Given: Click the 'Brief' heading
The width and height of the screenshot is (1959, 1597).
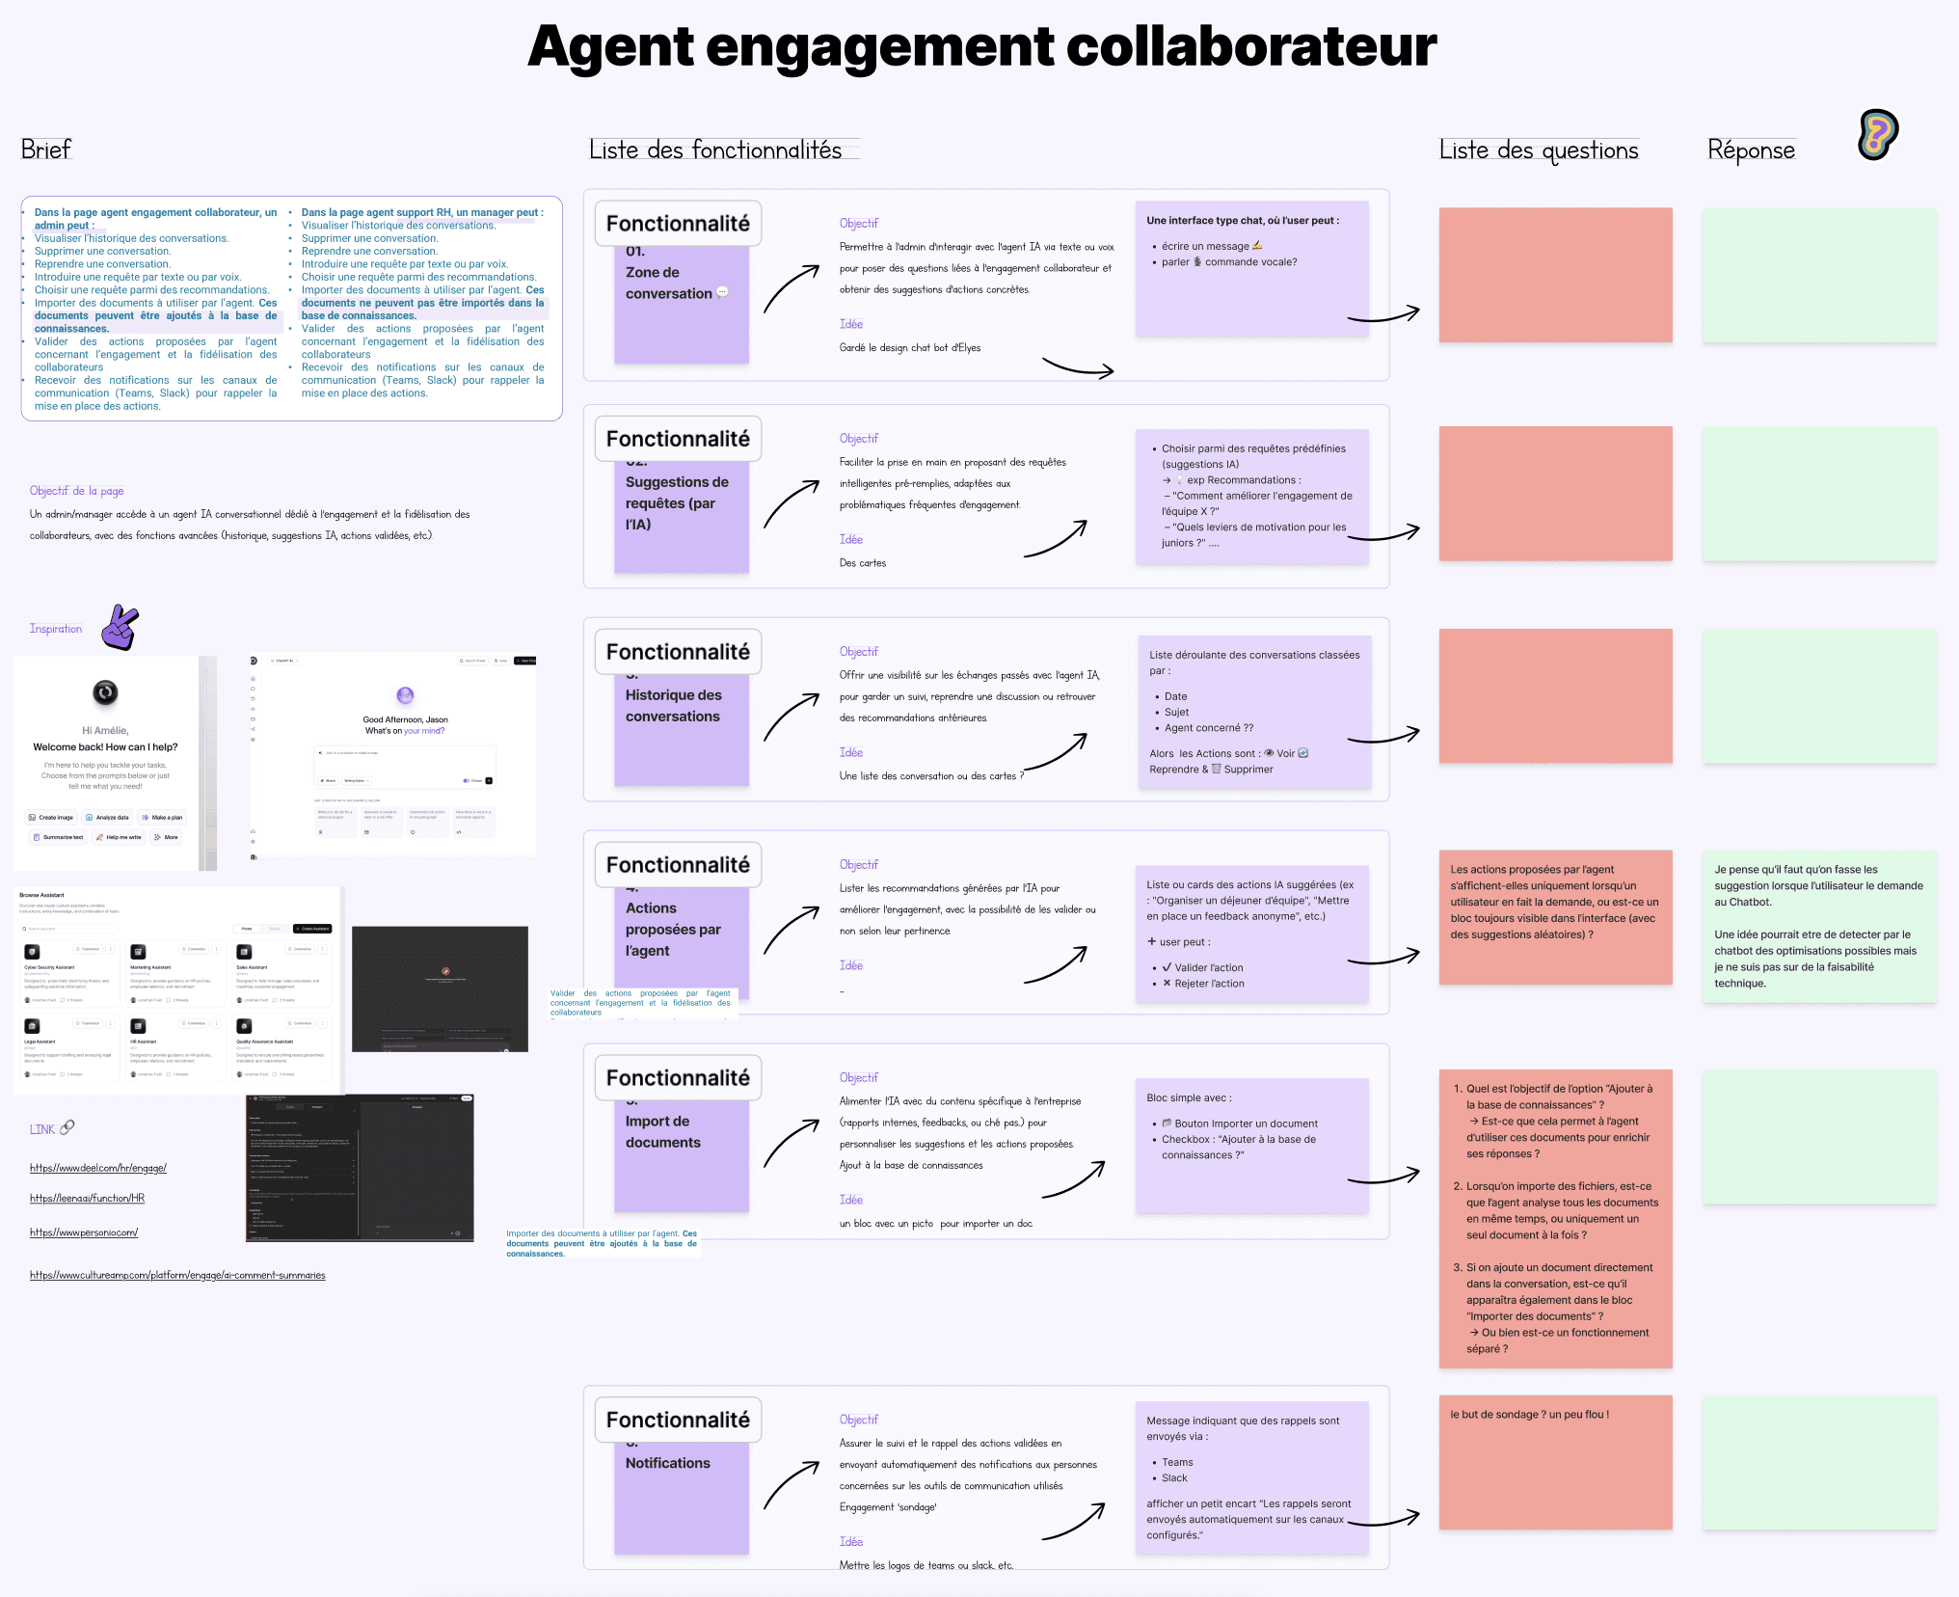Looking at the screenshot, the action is click(x=46, y=149).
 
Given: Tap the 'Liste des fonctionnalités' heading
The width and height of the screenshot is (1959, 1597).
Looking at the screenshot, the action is click(x=715, y=149).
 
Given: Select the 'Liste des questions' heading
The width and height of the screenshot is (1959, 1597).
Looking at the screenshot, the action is click(x=1539, y=150).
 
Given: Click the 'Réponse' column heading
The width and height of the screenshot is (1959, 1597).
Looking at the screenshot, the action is click(x=1751, y=150).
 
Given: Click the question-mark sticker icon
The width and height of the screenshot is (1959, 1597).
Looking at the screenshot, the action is click(x=1878, y=135).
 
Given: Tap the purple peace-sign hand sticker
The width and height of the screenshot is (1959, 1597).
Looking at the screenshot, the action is click(x=121, y=628).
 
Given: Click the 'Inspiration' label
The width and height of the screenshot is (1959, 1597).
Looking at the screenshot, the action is click(x=56, y=629).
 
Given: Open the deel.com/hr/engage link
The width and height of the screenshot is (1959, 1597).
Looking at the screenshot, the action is click(x=98, y=1168).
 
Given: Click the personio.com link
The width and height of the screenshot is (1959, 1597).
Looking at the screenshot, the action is click(x=84, y=1232).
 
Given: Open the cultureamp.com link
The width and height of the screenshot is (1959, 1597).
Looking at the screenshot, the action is click(x=177, y=1275).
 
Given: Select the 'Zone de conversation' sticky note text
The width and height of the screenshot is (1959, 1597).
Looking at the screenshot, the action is click(x=669, y=284).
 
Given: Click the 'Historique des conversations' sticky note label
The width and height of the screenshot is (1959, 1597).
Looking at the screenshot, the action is click(x=673, y=706).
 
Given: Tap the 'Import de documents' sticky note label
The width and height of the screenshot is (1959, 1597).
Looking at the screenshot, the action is click(x=663, y=1132).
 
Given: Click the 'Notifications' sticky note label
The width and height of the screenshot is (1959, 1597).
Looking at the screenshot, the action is click(x=668, y=1463).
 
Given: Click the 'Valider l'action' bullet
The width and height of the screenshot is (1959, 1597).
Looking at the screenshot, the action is click(x=1208, y=967).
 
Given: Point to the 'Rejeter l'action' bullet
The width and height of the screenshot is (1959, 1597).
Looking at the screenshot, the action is click(x=1209, y=984).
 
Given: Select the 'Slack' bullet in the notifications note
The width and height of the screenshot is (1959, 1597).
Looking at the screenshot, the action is click(x=1174, y=1477).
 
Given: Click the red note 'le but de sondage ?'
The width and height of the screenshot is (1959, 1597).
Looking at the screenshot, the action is click(x=1529, y=1415).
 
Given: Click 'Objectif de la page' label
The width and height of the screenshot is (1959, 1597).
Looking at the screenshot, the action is click(x=77, y=491).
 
